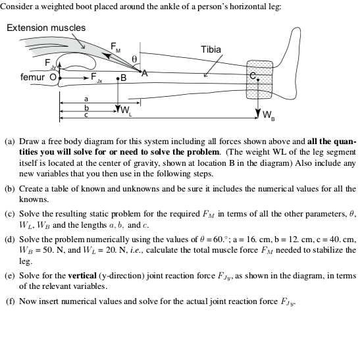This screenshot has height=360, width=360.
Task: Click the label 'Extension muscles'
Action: click(46, 28)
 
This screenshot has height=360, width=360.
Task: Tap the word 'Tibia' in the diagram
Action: click(210, 49)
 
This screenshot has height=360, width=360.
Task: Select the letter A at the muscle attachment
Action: click(146, 74)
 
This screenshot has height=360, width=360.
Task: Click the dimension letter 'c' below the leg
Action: click(86, 115)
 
